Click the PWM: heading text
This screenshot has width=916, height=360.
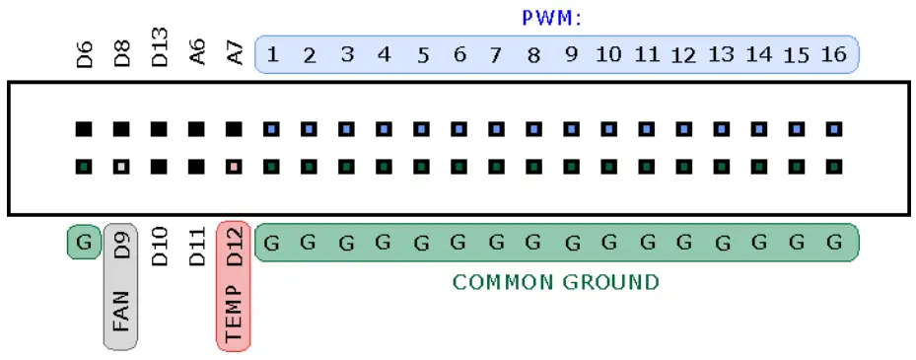[x=551, y=18]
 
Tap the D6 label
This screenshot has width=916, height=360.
[x=85, y=53]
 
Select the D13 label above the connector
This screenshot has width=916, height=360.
[x=160, y=49]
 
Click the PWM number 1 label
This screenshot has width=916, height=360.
[x=272, y=54]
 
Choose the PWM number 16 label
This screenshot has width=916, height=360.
[x=833, y=54]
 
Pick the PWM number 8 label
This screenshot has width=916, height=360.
[x=533, y=54]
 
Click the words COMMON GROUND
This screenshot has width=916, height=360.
[x=555, y=283]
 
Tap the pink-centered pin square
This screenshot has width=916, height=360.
[x=235, y=166]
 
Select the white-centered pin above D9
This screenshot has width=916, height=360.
[x=122, y=166]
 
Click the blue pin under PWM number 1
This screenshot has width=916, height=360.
[x=272, y=128]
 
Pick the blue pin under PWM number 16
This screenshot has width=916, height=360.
[x=834, y=128]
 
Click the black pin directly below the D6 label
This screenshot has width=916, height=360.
[x=85, y=128]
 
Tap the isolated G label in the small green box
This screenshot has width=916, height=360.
[x=85, y=242]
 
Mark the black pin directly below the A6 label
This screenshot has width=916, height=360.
[x=197, y=128]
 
